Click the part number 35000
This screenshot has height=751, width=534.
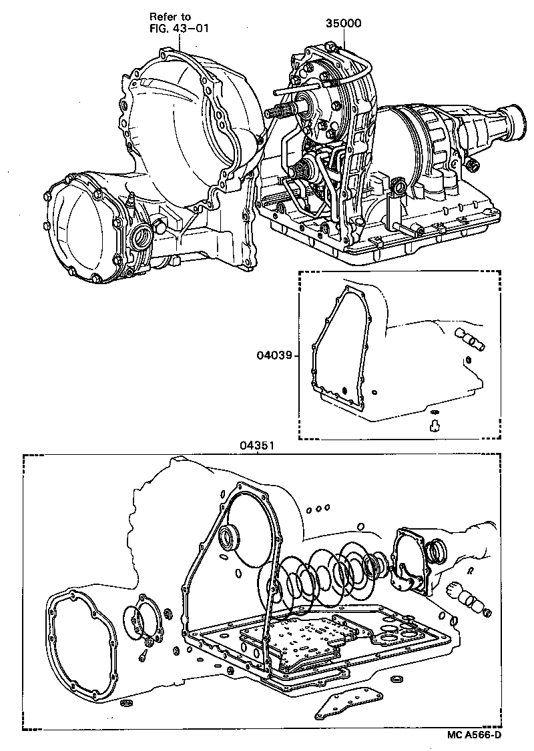[x=343, y=23]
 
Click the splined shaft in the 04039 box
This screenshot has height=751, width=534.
[x=471, y=339]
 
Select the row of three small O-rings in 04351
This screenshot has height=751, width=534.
[x=318, y=510]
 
